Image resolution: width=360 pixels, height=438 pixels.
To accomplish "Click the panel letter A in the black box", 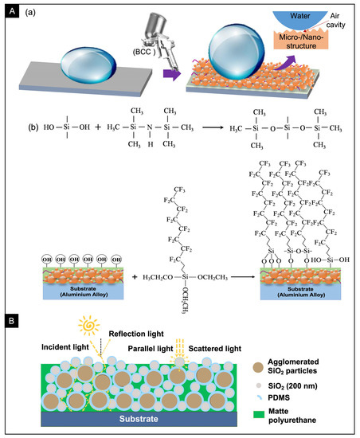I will [x=11, y=10].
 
